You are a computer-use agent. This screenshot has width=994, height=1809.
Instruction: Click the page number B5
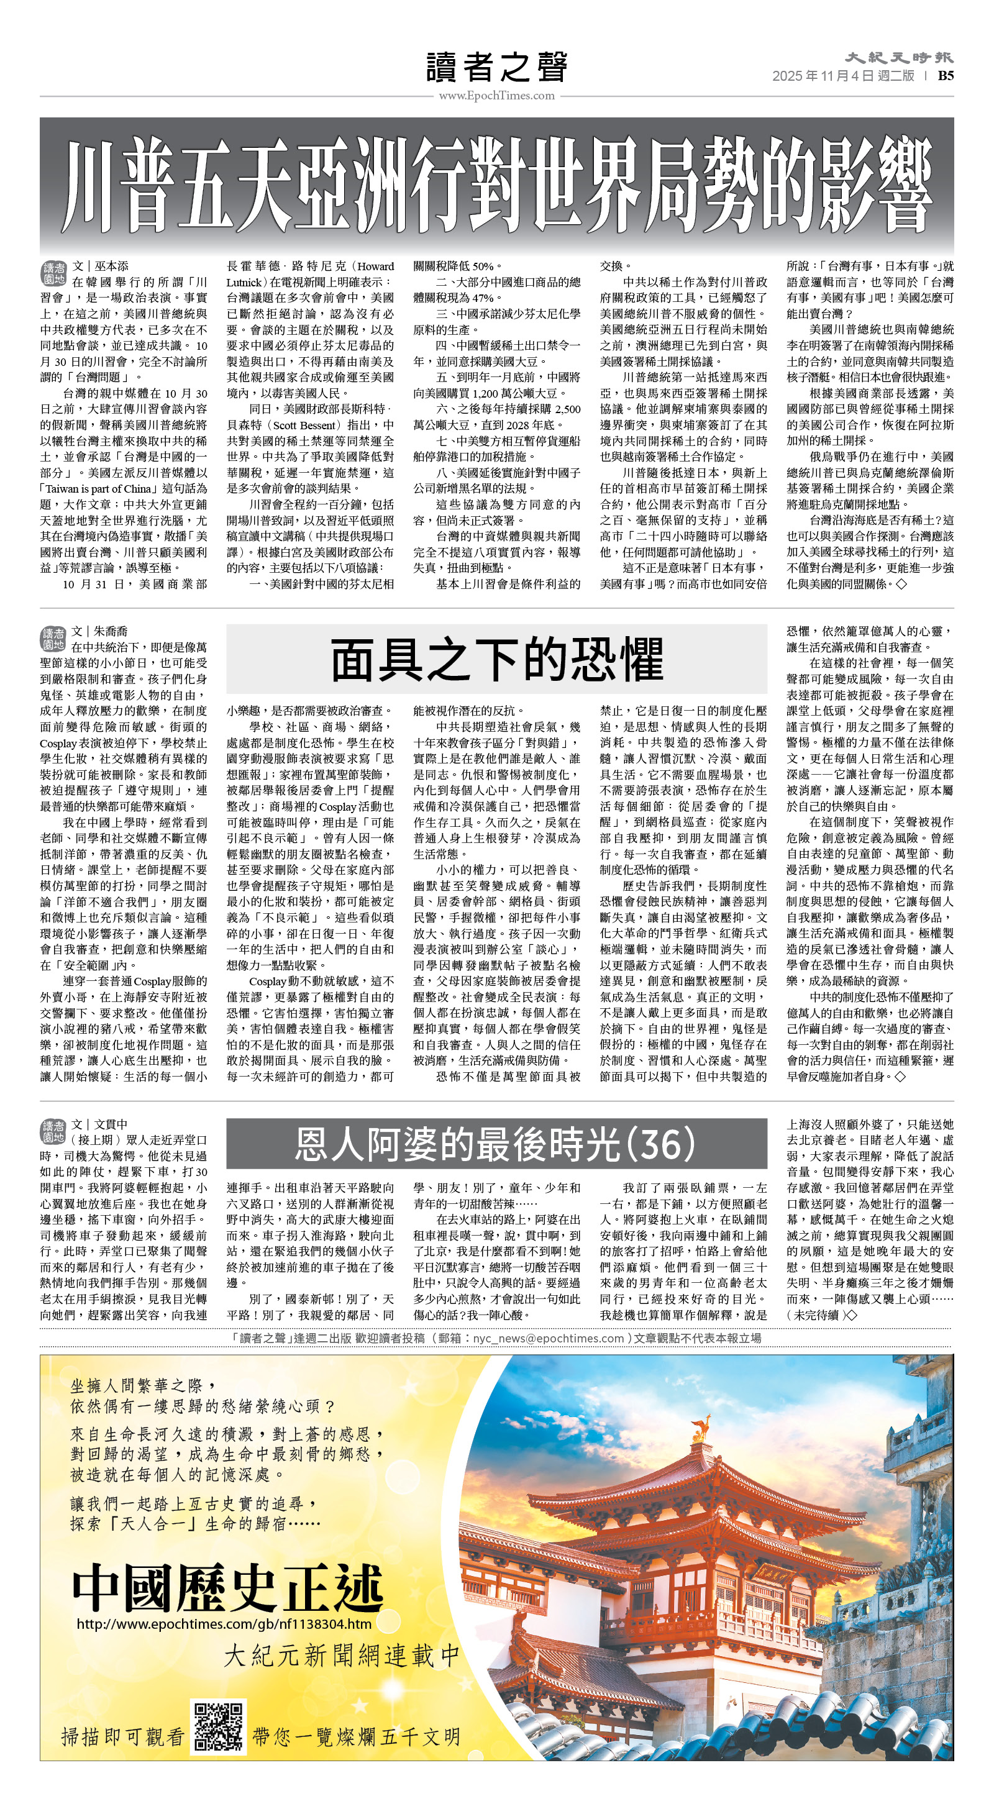(x=946, y=76)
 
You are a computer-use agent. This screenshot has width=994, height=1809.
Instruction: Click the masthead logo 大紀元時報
(x=898, y=58)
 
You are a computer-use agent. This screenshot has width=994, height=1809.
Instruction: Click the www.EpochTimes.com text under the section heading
(x=496, y=96)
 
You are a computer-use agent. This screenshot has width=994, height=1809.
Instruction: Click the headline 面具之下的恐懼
(x=496, y=658)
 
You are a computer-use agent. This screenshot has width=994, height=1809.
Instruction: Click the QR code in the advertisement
(x=219, y=1725)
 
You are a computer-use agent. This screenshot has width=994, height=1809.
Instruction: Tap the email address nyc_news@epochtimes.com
(x=548, y=1339)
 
